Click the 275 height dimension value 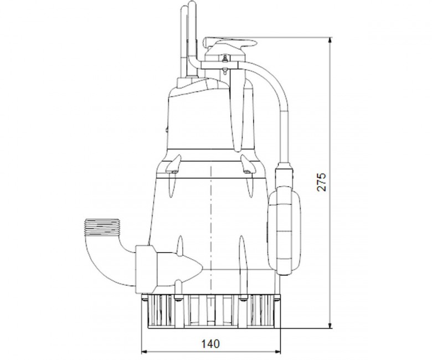pos(322,182)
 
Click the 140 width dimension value pos(210,344)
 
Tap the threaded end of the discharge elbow pos(102,227)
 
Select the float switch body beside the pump pos(284,230)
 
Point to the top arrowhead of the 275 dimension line pos(330,40)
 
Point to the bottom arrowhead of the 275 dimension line pos(330,325)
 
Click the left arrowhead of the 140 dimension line pos(145,352)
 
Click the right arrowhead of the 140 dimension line pos(277,352)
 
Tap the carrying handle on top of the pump pos(230,43)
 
